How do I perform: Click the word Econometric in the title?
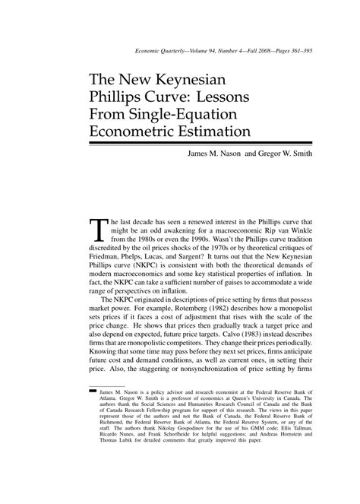coord(147,132)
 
